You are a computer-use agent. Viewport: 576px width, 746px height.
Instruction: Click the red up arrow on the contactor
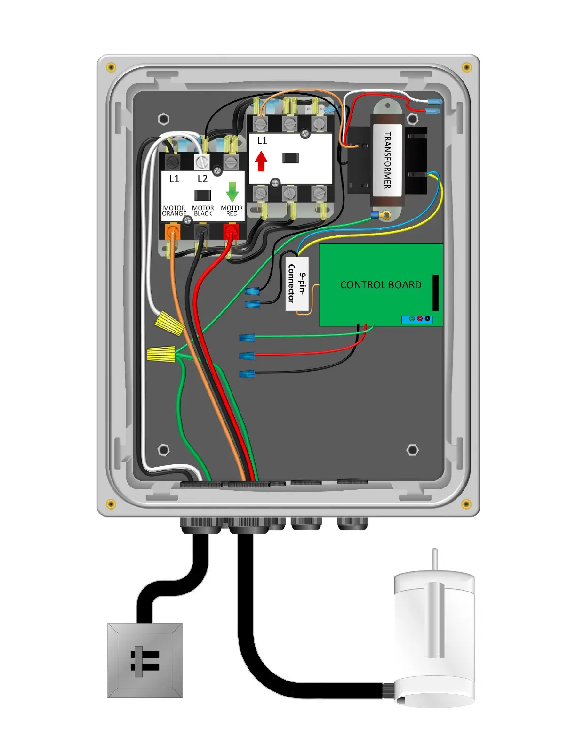tap(261, 162)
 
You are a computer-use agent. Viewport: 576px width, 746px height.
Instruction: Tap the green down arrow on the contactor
tap(232, 192)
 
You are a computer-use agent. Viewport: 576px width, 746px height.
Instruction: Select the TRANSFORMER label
tap(387, 160)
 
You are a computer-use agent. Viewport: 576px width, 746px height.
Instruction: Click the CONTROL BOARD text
tap(381, 285)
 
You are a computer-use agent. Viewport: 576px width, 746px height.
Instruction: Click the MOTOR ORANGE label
tap(174, 211)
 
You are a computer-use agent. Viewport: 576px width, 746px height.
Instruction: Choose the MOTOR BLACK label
tap(203, 211)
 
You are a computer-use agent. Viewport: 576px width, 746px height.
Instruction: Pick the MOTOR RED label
tap(232, 211)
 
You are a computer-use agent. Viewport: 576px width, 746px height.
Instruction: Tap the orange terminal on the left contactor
tap(172, 232)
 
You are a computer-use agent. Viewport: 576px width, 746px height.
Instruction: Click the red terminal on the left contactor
tap(231, 232)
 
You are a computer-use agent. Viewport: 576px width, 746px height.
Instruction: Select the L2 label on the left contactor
tap(202, 179)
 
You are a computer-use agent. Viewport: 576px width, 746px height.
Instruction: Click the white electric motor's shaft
tap(434, 560)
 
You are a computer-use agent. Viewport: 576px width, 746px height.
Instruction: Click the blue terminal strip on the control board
tap(417, 319)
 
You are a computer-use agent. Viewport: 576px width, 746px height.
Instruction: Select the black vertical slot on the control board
tap(435, 292)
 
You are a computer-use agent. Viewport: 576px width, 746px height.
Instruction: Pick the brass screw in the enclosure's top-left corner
tap(111, 67)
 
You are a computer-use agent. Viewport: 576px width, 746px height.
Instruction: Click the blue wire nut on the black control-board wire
tap(247, 375)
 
